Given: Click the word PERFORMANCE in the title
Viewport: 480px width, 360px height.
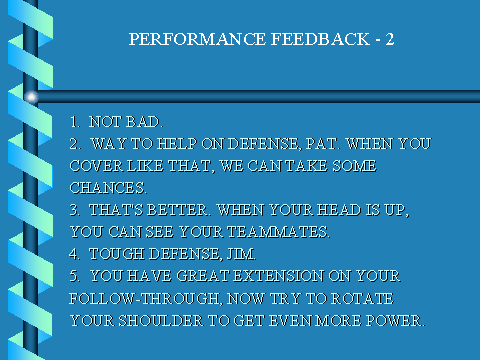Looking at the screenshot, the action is [197, 39].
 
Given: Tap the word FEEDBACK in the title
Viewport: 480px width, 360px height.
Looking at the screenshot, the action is [320, 39].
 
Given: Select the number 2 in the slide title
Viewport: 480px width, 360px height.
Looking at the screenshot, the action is [390, 39].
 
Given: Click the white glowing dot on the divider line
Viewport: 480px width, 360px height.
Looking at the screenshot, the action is [31, 97].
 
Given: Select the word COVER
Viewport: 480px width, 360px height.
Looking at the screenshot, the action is [96, 166].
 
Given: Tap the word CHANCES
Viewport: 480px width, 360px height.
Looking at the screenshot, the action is [107, 188].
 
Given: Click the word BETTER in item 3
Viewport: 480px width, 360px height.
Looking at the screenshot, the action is [177, 210].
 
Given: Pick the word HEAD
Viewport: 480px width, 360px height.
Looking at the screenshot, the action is [339, 210].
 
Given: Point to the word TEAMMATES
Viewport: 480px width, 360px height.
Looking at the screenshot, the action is [277, 232].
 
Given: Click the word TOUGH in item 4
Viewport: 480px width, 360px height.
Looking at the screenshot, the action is [117, 254].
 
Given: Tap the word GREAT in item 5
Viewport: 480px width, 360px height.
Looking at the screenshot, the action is [203, 276].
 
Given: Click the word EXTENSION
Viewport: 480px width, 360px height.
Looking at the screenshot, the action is [279, 276].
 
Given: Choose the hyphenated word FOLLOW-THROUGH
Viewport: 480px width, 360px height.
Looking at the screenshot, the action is [144, 298].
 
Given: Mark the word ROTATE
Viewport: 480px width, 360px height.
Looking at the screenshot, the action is [362, 298].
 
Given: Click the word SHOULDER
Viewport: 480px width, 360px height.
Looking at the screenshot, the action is [161, 321].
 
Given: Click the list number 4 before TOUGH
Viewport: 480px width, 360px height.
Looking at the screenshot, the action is [74, 254].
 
